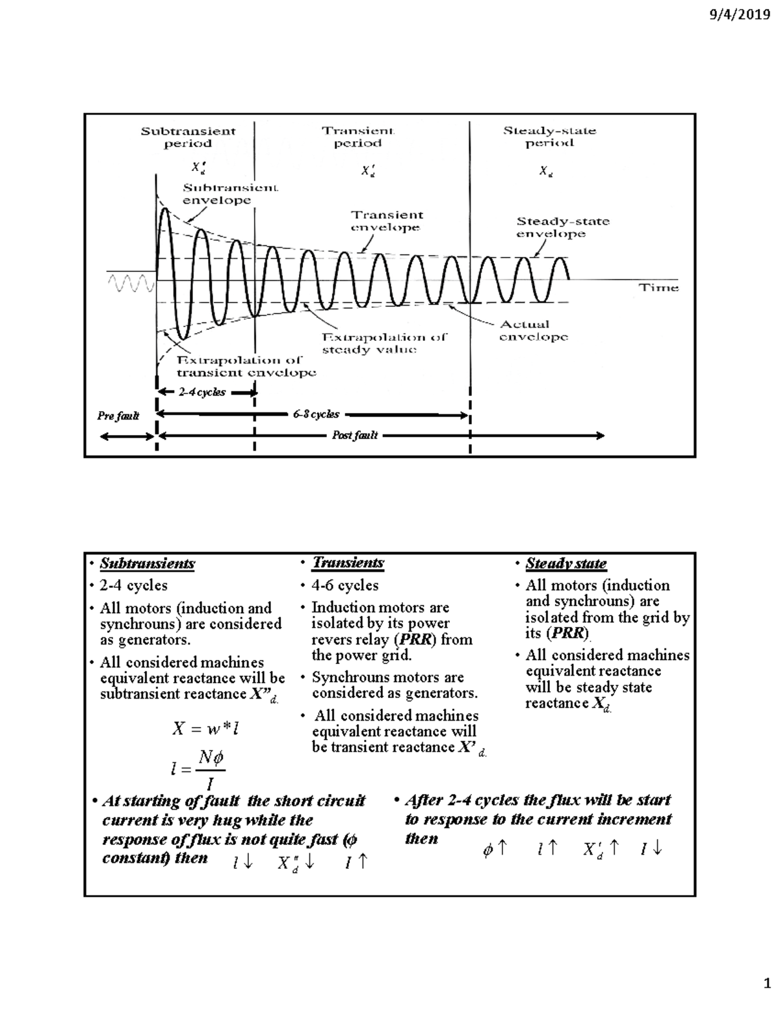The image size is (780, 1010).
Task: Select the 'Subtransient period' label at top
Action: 188,137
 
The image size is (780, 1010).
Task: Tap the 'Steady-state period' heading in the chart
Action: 549,137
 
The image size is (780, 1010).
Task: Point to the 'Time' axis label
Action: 658,287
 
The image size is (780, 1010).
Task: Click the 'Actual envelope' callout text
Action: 533,330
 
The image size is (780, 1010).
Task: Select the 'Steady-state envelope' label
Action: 562,228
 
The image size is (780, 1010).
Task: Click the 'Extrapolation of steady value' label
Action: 384,343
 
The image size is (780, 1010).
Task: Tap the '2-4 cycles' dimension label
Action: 202,392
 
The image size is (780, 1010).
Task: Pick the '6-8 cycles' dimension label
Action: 316,414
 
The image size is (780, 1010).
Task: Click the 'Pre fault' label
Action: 118,416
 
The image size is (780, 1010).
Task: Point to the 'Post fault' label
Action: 355,435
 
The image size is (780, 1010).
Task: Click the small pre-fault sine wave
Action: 131,283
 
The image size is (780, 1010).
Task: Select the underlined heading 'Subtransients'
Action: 147,564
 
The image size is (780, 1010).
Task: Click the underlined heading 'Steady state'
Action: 565,564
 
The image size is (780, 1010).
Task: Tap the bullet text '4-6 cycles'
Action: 344,585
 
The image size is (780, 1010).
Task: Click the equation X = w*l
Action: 205,729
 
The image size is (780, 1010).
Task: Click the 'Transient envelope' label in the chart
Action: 387,221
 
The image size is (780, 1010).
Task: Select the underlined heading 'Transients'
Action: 348,563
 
